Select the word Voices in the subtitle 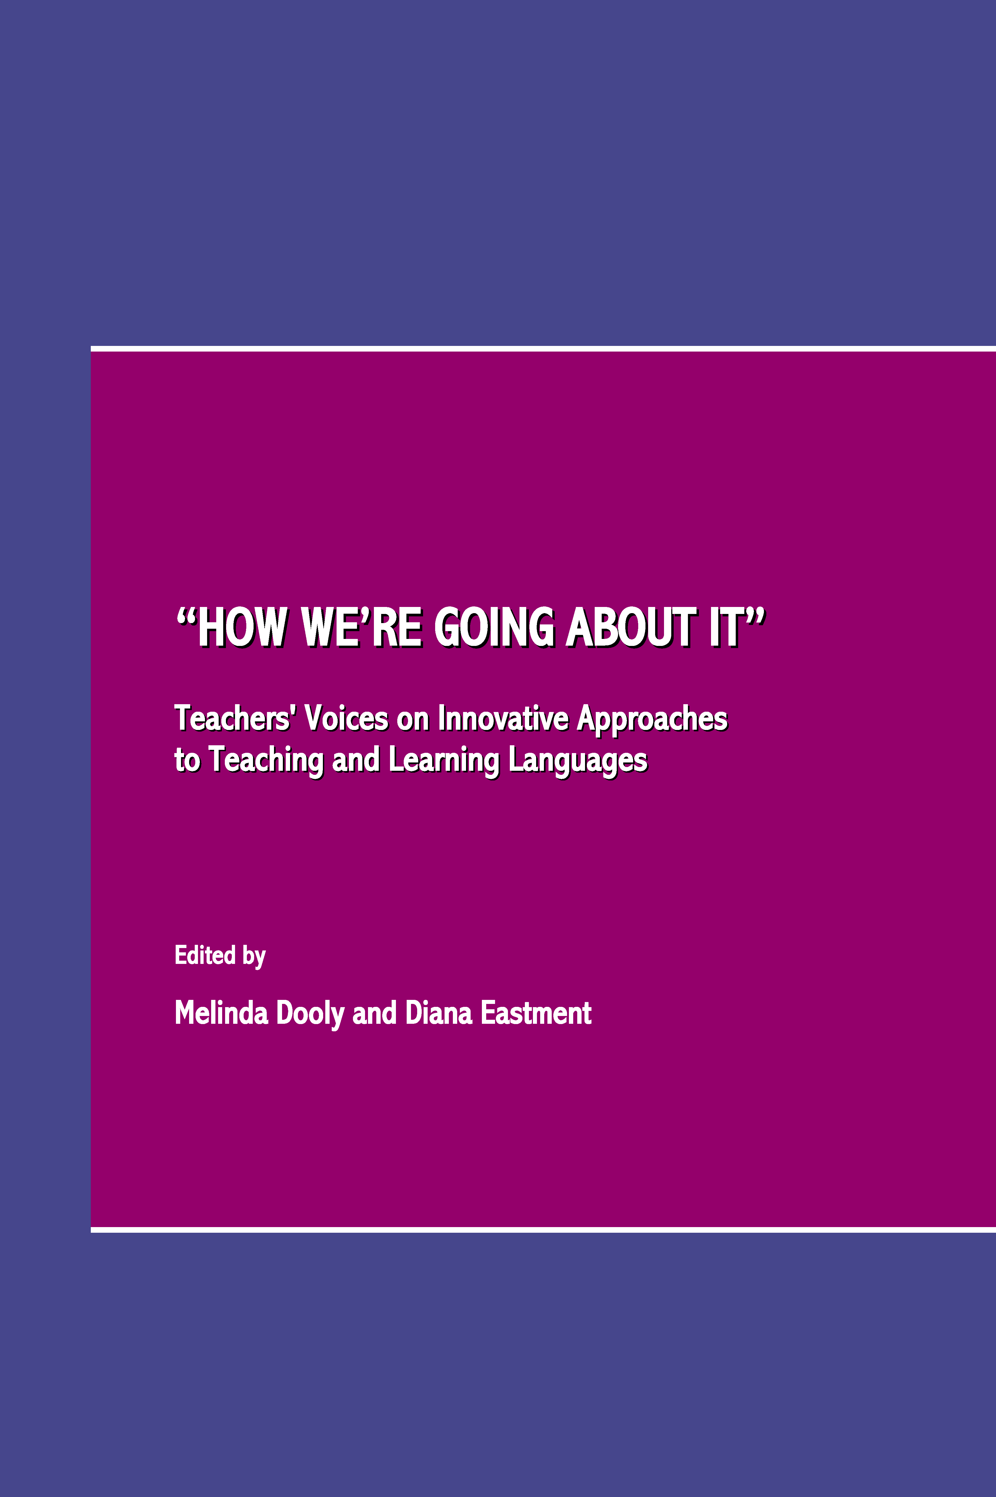(x=347, y=718)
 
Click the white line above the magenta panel (x=543, y=349)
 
